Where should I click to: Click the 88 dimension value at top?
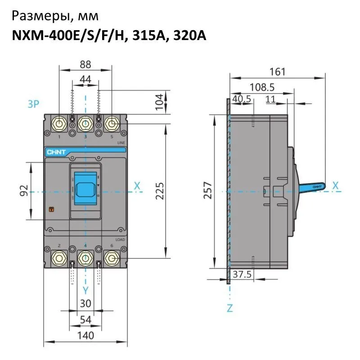coord(85,64)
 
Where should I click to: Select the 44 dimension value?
coord(85,79)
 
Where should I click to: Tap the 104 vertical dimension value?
coord(158,103)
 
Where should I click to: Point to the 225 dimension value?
coord(158,190)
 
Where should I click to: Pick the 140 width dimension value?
coord(85,335)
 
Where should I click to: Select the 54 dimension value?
coord(85,319)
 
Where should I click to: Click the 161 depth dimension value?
coord(277,71)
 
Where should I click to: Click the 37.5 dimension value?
coord(242,274)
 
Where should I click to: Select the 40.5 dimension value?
coord(242,100)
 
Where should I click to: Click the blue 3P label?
coord(33,104)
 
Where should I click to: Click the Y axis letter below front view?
coord(85,289)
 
